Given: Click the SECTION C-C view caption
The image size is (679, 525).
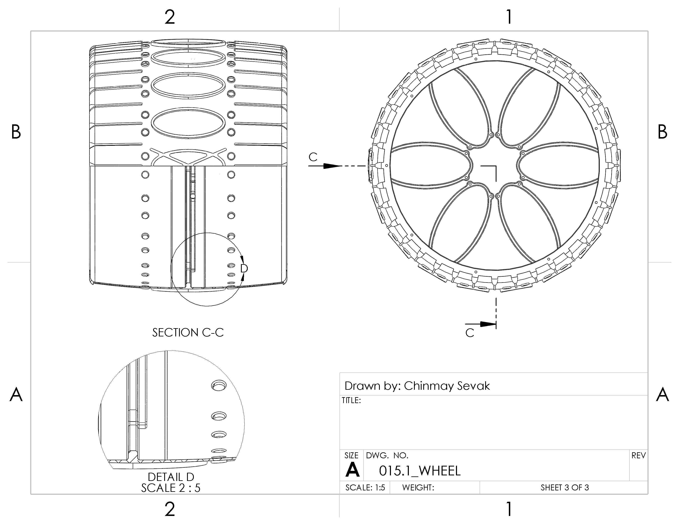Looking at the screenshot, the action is coord(188,332).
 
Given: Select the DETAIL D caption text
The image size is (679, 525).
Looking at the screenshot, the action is coord(171,477).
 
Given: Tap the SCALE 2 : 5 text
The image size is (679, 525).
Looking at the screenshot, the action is coord(171,488).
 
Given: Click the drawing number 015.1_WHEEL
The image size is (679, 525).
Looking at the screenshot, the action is coord(420,471).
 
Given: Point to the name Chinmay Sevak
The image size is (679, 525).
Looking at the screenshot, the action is coord(447,386).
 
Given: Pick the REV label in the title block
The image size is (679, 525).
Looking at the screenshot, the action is coord(639,455).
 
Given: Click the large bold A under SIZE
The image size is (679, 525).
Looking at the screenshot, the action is coord(352,470).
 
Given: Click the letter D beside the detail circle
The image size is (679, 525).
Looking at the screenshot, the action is coord(244,268).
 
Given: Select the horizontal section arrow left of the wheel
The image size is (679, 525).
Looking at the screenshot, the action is coord(325,166).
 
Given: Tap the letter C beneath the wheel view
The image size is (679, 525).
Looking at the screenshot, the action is coord(470,333).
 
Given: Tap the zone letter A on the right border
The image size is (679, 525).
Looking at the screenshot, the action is coord(663,394).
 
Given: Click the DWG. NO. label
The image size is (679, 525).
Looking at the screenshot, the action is coord(387,455).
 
